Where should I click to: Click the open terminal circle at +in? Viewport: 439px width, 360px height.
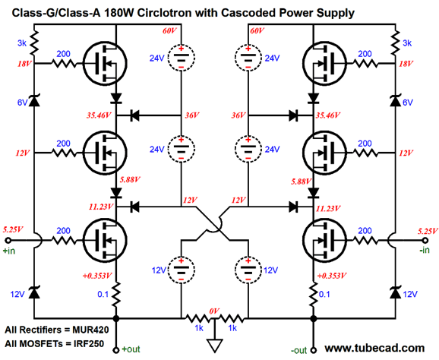click(8, 240)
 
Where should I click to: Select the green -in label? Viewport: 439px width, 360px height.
click(425, 250)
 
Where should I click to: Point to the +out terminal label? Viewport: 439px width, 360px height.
click(131, 349)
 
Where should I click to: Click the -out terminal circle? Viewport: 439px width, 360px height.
click(314, 349)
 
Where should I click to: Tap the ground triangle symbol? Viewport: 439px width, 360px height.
click(215, 346)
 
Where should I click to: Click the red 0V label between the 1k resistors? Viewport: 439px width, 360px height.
click(214, 311)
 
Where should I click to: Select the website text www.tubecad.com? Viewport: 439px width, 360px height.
click(374, 348)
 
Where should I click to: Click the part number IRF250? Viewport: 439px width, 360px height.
click(89, 343)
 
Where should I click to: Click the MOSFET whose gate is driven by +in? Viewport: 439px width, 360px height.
click(105, 240)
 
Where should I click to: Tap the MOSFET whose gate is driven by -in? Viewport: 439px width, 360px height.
click(325, 240)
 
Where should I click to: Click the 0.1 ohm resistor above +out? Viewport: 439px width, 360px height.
click(116, 294)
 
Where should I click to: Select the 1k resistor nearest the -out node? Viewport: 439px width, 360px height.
click(232, 318)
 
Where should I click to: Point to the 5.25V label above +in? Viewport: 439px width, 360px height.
click(13, 230)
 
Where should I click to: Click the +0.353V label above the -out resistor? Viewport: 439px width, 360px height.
click(332, 276)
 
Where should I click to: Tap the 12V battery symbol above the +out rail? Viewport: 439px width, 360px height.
click(181, 270)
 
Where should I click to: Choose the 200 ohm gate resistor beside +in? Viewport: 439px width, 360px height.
click(64, 240)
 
